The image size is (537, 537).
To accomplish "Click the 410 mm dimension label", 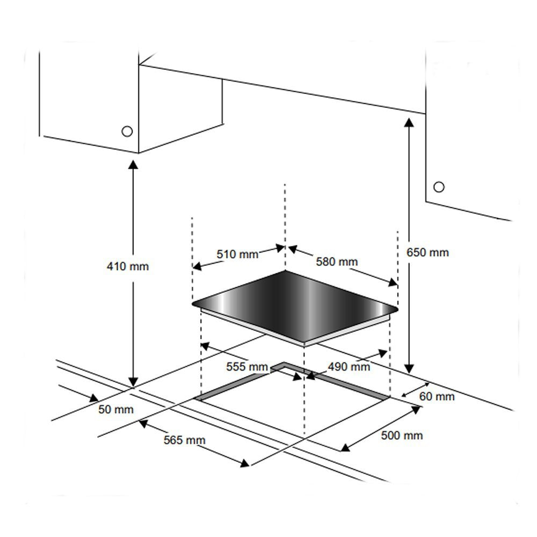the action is click(128, 266).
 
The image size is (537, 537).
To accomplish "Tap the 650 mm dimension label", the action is click(427, 252).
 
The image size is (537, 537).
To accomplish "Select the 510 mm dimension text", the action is click(237, 254).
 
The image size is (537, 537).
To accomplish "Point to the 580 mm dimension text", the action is click(337, 262).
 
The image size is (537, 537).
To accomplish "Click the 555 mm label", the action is click(247, 367).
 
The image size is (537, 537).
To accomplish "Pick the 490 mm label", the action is click(349, 367).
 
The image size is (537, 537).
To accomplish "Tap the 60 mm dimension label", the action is click(437, 396).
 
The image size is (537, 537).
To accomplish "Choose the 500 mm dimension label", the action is click(402, 436).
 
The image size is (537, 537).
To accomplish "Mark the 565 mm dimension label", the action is click(185, 440).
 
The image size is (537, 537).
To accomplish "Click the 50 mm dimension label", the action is click(116, 409).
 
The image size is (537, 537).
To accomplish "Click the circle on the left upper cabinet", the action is click(127, 132).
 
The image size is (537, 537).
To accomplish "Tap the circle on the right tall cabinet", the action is click(439, 187).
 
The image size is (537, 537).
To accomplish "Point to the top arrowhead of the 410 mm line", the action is click(133, 164).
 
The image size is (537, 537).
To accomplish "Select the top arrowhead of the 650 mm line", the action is click(409, 122).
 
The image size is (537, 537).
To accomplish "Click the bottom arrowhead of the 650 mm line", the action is click(409, 368).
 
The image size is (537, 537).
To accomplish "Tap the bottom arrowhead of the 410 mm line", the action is click(133, 382).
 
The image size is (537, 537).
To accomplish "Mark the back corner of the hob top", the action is click(285, 271).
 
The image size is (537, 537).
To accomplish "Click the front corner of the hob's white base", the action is click(304, 346).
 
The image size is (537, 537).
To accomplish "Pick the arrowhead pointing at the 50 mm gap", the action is click(93, 398).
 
